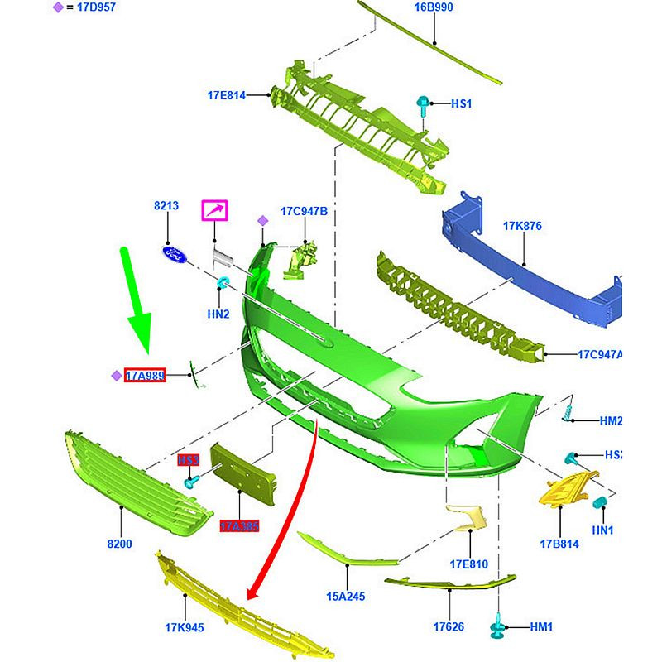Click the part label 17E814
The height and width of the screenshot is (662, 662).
[x=226, y=95]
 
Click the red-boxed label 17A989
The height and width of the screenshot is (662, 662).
[x=145, y=376]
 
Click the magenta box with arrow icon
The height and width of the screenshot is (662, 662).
[x=215, y=211]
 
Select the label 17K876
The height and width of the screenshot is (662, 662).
[x=521, y=225]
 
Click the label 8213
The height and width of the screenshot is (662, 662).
[x=166, y=204]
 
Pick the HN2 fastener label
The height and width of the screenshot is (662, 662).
[x=218, y=314]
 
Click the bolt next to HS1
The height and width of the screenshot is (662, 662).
[x=423, y=105]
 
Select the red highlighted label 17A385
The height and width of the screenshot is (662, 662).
[x=239, y=525]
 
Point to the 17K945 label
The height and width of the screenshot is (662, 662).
[x=184, y=627]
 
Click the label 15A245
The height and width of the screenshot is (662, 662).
[x=346, y=596]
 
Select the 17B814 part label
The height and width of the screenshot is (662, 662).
[x=559, y=544]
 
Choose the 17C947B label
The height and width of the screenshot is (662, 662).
[x=304, y=211]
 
